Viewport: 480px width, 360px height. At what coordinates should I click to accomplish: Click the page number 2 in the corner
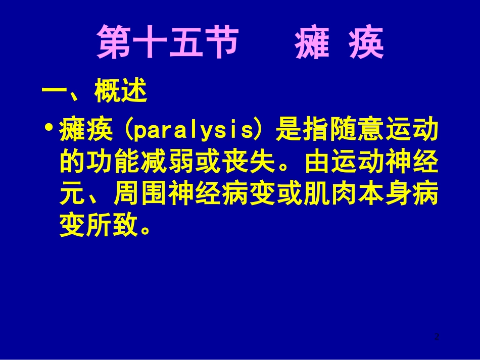tap(437, 336)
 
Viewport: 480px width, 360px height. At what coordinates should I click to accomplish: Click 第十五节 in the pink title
tap(167, 42)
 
